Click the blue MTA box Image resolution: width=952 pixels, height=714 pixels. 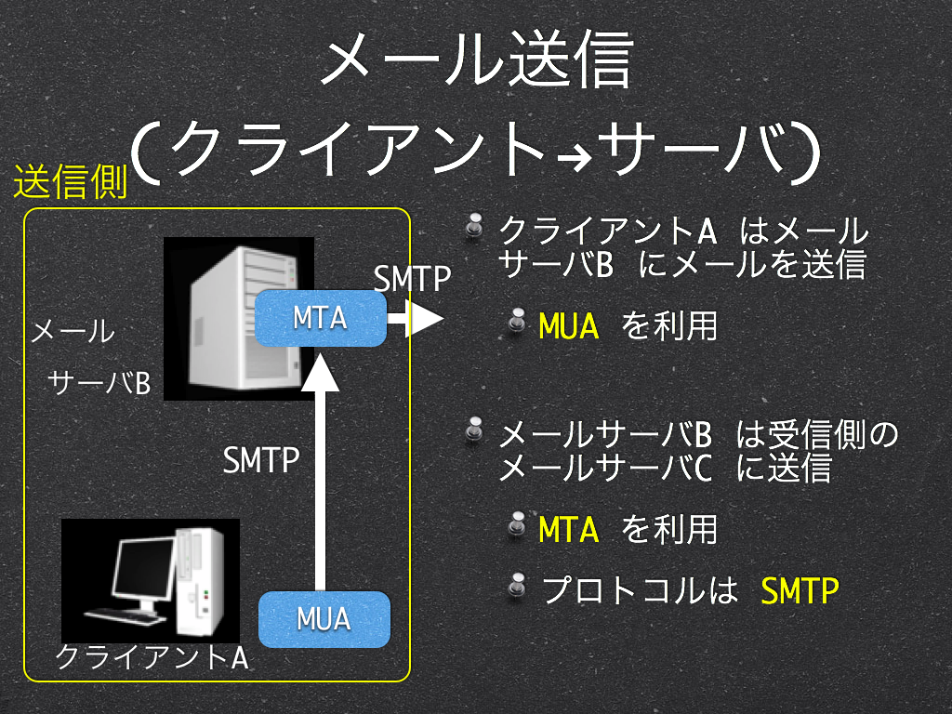click(x=321, y=318)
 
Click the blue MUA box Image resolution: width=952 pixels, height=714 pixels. click(x=324, y=618)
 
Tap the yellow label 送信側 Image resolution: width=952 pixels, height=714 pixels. click(x=71, y=181)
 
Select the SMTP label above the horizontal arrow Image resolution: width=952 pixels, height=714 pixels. click(x=412, y=278)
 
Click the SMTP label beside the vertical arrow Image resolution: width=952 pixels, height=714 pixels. click(x=261, y=459)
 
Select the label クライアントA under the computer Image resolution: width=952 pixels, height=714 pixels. click(x=152, y=657)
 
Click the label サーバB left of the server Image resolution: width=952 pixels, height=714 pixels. click(x=99, y=383)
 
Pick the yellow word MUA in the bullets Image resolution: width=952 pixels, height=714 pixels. click(x=568, y=326)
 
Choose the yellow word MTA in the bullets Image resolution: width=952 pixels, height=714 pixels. click(x=568, y=529)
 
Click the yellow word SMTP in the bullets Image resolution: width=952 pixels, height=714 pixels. click(x=800, y=589)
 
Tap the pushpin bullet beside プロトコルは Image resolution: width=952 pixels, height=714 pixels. click(x=517, y=586)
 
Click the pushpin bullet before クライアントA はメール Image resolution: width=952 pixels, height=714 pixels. click(x=474, y=227)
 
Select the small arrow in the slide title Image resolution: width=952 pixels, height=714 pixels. click(x=575, y=160)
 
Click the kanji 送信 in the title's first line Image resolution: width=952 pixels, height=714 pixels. click(x=572, y=59)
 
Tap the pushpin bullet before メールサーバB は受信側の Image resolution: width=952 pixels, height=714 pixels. click(x=474, y=430)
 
